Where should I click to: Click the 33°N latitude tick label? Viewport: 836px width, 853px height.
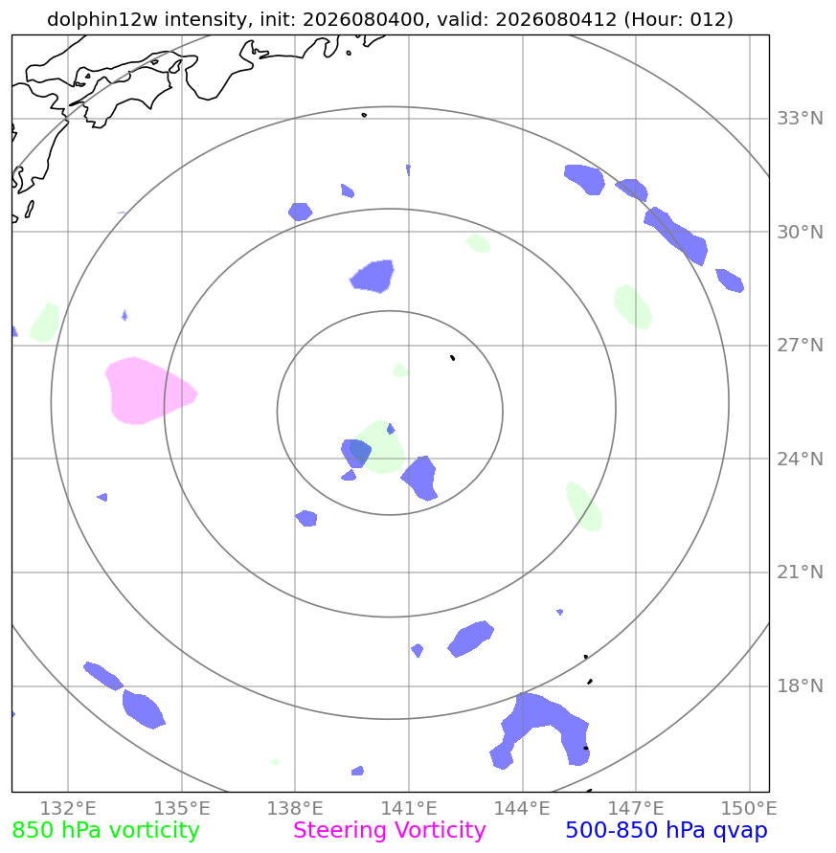(800, 118)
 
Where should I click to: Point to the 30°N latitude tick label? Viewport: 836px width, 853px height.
(800, 233)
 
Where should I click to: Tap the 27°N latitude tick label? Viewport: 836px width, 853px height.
(800, 346)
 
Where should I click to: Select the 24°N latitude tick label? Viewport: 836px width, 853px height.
(800, 460)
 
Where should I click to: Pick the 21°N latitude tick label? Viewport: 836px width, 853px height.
(800, 572)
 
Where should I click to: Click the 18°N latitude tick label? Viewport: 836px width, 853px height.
(800, 686)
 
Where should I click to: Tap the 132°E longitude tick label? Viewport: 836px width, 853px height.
(68, 808)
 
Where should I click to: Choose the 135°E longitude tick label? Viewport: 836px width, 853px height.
(182, 808)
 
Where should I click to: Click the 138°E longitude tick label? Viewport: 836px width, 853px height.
(295, 808)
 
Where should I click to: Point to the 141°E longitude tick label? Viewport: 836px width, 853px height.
(409, 808)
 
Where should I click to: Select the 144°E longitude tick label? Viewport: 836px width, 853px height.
(523, 808)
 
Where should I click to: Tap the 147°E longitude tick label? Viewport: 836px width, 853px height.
(636, 808)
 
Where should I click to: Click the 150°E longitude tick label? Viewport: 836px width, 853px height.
(750, 808)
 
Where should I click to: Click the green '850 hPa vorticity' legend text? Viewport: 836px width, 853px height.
(105, 831)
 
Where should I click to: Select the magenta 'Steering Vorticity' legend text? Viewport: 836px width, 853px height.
(389, 831)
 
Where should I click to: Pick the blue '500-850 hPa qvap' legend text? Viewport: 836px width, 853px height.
(667, 831)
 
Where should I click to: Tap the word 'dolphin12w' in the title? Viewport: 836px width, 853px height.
(103, 19)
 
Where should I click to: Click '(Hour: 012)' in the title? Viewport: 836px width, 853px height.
(679, 19)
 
